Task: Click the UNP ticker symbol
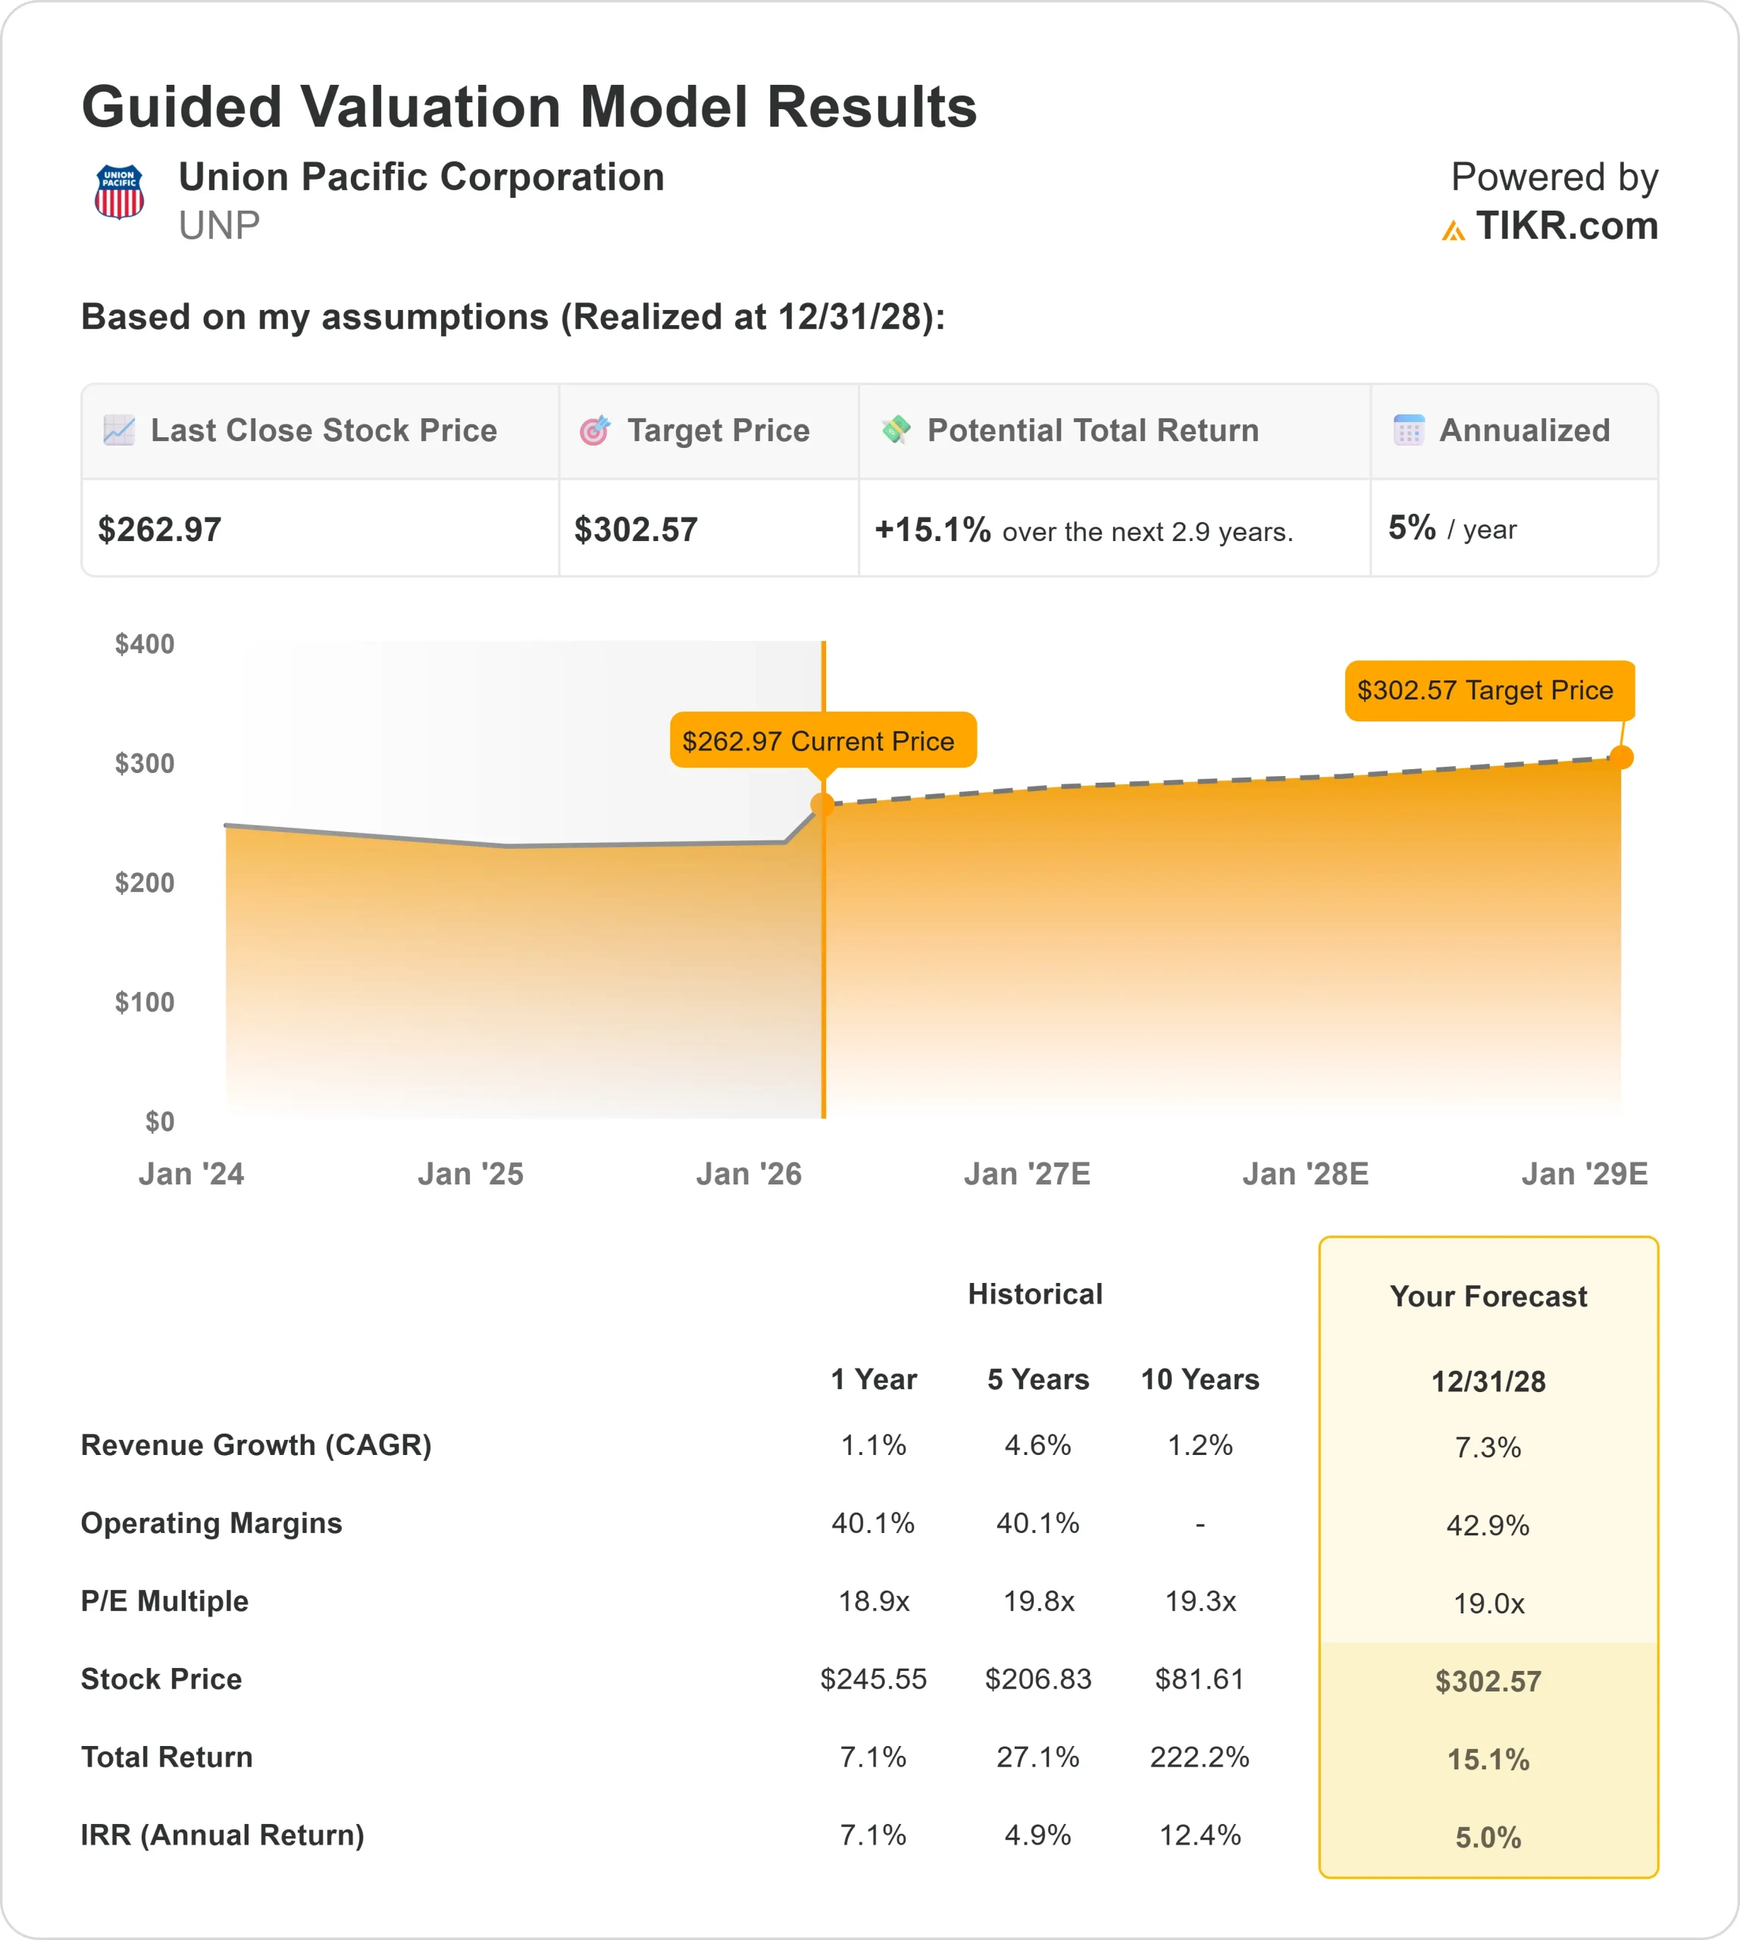pyautogui.click(x=219, y=226)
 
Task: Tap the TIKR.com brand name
pyautogui.click(x=1566, y=226)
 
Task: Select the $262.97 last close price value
pyautogui.click(x=160, y=530)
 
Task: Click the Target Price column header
pyautogui.click(x=718, y=430)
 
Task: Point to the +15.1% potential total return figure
pyautogui.click(x=932, y=530)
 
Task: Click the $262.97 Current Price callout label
pyautogui.click(x=822, y=740)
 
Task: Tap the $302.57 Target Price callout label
pyautogui.click(x=1488, y=690)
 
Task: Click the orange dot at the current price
pyautogui.click(x=822, y=804)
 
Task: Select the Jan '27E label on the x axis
pyautogui.click(x=1027, y=1174)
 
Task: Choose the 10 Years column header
pyautogui.click(x=1200, y=1380)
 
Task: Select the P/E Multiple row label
pyautogui.click(x=164, y=1600)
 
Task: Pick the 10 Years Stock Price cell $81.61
pyautogui.click(x=1200, y=1679)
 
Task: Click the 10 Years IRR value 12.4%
pyautogui.click(x=1200, y=1835)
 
